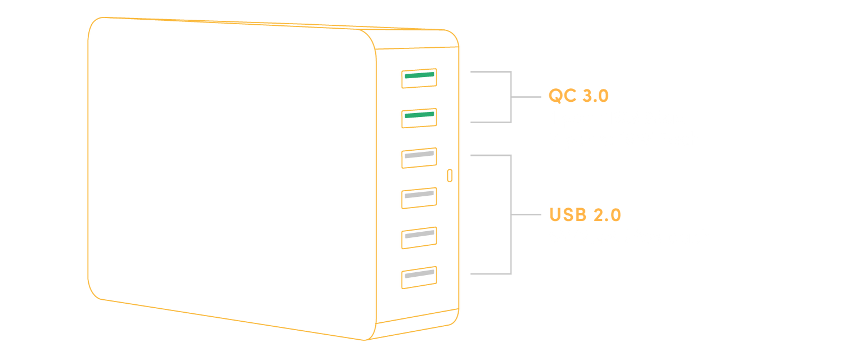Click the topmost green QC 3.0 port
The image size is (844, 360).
coord(419,79)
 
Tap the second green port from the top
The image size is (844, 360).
coord(419,118)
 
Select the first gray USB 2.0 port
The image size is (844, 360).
coord(419,157)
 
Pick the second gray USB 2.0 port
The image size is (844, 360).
coord(419,197)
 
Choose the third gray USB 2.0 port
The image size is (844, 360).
coord(419,237)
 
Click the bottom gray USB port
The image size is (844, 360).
coord(419,277)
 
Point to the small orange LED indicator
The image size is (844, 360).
coord(449,175)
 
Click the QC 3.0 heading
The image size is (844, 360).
coord(578,96)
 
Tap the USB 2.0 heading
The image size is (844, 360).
coord(585,215)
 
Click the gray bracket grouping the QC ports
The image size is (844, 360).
coord(511,97)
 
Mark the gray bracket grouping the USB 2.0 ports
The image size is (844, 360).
coord(511,215)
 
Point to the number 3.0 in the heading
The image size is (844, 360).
coord(595,96)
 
